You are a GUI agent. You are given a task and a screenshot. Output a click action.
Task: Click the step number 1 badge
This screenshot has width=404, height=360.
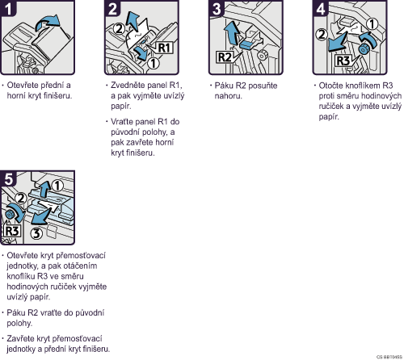coord(7,8)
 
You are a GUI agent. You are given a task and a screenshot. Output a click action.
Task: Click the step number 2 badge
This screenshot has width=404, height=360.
coord(112,8)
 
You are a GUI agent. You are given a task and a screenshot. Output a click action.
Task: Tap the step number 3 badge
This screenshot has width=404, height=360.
coord(216,8)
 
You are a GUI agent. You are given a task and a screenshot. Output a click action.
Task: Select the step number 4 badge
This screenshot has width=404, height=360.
coord(320,8)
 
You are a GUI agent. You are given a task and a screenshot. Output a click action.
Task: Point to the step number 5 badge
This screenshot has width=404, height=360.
coord(8,178)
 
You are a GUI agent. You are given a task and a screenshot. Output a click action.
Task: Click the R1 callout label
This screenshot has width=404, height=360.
coord(164,48)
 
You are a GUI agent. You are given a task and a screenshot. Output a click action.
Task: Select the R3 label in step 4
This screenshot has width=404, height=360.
coord(343,61)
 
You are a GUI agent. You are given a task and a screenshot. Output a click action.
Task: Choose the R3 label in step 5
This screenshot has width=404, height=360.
coord(12,231)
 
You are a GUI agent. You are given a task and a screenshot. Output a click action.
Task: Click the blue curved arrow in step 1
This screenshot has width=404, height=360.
coord(48,23)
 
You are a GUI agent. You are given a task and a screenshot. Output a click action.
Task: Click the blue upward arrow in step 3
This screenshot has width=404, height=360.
coord(232,32)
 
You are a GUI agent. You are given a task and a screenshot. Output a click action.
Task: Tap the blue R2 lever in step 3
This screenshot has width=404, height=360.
coord(248,44)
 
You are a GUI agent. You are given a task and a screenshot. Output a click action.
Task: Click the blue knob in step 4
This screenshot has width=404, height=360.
coord(364,49)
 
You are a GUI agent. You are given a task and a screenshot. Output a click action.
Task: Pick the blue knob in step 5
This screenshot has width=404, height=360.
coord(11,215)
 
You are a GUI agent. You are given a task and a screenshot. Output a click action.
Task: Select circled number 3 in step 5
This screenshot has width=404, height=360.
coord(36,233)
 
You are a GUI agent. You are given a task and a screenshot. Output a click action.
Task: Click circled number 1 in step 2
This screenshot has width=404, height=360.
coord(154,64)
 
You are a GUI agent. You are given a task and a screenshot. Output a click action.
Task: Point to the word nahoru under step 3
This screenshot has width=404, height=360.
coord(228,96)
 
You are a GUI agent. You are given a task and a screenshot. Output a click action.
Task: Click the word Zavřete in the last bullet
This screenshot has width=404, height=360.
coord(21,338)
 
